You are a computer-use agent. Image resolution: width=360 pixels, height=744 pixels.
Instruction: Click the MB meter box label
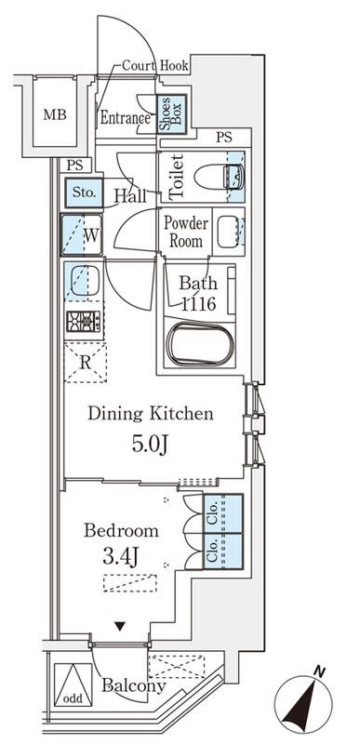55,114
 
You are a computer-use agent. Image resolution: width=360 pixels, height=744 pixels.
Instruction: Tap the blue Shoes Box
171,114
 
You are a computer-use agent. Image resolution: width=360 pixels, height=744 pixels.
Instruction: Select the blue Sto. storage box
84,193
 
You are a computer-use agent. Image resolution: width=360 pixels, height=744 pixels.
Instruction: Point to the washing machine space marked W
82,234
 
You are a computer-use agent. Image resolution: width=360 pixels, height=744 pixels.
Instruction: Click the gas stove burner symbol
84,321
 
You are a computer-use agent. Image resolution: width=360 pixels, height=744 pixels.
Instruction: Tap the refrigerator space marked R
86,362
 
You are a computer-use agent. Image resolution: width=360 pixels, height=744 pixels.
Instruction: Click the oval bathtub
200,343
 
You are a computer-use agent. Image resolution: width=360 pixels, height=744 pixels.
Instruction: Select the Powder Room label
185,232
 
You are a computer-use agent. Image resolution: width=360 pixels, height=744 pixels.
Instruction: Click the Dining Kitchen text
151,414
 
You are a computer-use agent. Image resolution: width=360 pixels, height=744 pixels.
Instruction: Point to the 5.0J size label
150,445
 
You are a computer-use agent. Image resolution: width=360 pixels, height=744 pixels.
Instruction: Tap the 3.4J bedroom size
120,555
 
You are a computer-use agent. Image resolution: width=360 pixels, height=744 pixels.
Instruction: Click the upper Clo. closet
223,513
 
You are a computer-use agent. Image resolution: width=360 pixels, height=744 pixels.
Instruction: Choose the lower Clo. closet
223,551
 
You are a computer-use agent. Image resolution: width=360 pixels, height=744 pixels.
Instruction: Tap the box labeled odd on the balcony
73,684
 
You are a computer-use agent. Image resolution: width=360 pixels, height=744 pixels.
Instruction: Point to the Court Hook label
155,65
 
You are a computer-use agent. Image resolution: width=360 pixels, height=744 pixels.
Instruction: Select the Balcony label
134,685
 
